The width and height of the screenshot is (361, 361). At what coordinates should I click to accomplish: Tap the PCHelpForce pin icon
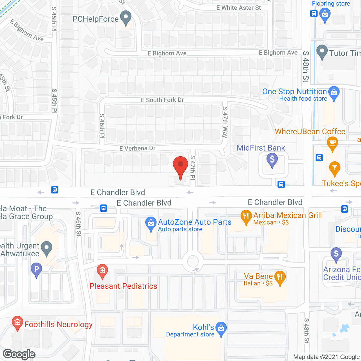pyautogui.click(x=126, y=17)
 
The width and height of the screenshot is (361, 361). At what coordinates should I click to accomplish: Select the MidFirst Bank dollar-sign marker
pyautogui.click(x=272, y=160)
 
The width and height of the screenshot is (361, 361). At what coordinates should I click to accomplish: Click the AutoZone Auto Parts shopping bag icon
pyautogui.click(x=151, y=223)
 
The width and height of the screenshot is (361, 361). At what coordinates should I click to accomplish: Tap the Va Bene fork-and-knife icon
pyautogui.click(x=280, y=277)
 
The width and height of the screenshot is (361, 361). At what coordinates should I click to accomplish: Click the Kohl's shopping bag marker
pyautogui.click(x=221, y=329)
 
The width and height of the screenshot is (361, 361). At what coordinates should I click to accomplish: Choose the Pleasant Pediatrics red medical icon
pyautogui.click(x=102, y=271)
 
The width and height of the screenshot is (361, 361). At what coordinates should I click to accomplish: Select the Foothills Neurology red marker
pyautogui.click(x=17, y=323)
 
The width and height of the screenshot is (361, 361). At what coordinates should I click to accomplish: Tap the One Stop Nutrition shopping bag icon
pyautogui.click(x=334, y=93)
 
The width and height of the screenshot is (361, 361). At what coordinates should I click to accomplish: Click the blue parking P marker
pyautogui.click(x=36, y=269)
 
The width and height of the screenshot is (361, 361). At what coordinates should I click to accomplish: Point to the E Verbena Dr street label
pyautogui.click(x=137, y=148)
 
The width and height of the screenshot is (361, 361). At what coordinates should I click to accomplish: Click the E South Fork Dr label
pyautogui.click(x=162, y=100)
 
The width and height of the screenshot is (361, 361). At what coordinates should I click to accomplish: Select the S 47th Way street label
pyautogui.click(x=225, y=122)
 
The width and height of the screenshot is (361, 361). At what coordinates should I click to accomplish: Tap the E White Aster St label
pyautogui.click(x=239, y=8)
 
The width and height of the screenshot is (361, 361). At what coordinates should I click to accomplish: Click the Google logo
pyautogui.click(x=19, y=354)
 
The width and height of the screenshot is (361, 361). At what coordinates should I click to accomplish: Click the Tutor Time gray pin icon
pyautogui.click(x=322, y=52)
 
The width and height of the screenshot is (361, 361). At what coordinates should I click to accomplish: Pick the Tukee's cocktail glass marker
pyautogui.click(x=334, y=168)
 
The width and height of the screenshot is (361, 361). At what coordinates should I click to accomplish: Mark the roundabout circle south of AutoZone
pyautogui.click(x=193, y=261)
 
